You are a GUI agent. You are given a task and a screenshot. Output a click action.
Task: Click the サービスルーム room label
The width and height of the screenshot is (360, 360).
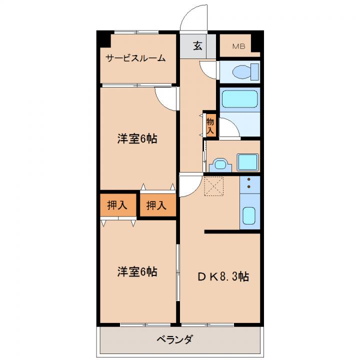135,58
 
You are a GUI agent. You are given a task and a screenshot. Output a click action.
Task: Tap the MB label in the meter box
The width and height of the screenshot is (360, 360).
239,46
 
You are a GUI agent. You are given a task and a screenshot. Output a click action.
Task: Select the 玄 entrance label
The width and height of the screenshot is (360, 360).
197,45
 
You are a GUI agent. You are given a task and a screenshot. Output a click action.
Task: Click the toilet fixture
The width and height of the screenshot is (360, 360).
245,72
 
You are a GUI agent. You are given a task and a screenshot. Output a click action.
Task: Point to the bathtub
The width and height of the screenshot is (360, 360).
240,99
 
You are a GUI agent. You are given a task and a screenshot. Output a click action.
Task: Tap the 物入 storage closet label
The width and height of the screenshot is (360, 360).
210,125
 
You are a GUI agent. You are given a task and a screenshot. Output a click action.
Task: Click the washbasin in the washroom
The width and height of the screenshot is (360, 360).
220,164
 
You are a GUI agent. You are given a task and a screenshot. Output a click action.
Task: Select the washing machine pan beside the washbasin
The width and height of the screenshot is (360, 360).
247,162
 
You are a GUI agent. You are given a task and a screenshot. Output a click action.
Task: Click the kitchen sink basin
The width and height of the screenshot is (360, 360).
249,215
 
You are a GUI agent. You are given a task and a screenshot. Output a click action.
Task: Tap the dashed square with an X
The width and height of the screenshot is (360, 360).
214,186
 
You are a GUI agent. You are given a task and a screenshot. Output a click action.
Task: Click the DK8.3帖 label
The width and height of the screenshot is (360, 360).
223,276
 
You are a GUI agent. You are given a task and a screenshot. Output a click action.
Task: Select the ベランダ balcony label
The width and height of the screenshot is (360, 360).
175,339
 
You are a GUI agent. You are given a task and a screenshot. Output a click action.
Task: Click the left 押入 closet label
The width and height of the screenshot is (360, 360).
117,205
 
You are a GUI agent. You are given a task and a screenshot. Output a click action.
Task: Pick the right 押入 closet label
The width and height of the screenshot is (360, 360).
156,205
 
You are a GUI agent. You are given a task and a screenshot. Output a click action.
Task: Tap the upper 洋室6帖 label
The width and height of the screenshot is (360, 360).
137,138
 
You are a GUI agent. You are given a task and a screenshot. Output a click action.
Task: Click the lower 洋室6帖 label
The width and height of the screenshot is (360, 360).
137,271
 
